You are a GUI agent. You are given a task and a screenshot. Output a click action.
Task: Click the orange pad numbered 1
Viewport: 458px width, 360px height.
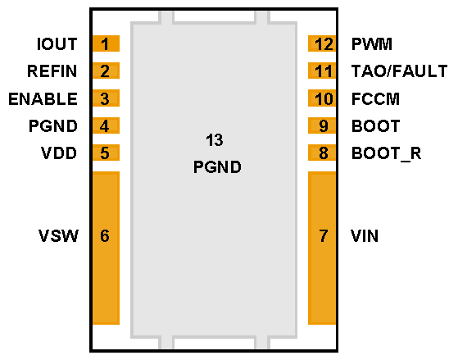[106, 44]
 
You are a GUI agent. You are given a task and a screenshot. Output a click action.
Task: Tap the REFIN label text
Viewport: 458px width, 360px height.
[52, 71]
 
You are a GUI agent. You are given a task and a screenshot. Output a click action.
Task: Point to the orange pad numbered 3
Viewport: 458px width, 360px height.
[106, 99]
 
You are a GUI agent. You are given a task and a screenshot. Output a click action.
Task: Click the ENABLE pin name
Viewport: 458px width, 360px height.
[43, 99]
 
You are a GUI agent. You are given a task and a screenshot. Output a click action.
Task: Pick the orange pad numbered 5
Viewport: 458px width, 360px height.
[106, 153]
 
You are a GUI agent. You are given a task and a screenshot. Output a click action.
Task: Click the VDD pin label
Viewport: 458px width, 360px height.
[60, 153]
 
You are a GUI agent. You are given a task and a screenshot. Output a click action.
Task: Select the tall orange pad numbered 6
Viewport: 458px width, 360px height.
[106, 248]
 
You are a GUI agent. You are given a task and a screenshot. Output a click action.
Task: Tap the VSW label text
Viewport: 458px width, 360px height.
[59, 236]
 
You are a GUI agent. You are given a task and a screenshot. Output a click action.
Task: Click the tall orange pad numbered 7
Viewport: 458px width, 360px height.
[323, 248]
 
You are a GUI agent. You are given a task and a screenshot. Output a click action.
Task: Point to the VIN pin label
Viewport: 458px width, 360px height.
[365, 236]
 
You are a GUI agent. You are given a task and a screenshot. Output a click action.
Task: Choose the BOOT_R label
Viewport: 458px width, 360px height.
[386, 153]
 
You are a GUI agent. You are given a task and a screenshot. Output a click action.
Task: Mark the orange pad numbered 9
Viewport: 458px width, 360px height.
[323, 126]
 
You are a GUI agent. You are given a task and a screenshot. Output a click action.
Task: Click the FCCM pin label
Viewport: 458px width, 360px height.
[374, 99]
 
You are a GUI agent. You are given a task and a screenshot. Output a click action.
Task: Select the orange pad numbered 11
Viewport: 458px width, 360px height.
[323, 71]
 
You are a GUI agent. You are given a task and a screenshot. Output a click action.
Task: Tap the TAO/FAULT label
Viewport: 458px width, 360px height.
[399, 71]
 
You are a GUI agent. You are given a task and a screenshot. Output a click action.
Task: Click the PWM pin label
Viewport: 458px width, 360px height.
[372, 44]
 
